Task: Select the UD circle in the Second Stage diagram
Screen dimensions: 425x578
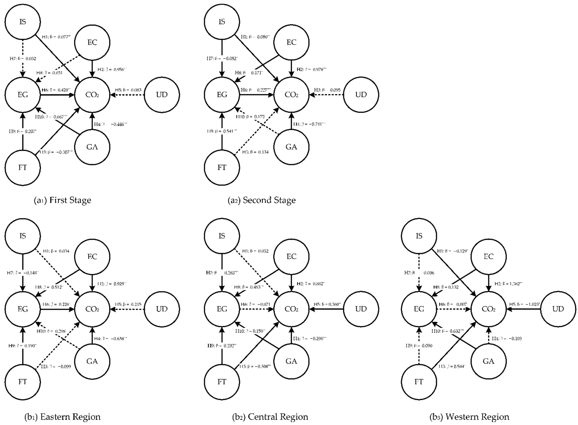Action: tap(361, 95)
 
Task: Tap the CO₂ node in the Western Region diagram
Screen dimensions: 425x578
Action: tap(488, 309)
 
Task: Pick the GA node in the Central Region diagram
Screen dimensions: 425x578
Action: tap(291, 361)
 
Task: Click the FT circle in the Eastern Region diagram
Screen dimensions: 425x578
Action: tap(23, 382)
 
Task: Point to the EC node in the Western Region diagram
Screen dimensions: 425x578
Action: tap(488, 256)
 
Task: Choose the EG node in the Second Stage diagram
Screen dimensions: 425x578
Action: tap(222, 95)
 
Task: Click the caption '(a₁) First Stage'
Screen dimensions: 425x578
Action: tap(63, 200)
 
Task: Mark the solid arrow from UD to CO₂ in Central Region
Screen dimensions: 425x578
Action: tap(326, 309)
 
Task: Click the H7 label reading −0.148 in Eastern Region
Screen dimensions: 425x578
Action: tap(23, 273)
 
